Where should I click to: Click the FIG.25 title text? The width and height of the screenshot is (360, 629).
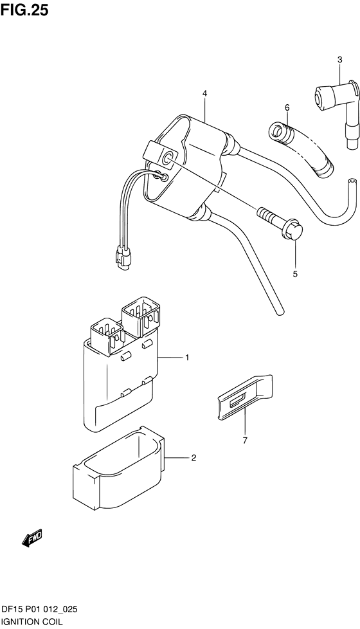[24, 10]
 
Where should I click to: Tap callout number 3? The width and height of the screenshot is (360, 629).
[339, 60]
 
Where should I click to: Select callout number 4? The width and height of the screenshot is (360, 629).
[204, 93]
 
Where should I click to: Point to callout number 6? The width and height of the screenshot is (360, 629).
[287, 107]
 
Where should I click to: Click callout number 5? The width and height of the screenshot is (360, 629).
[295, 275]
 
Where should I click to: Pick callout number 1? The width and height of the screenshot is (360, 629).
[187, 358]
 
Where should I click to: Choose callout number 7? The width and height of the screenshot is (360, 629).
[245, 441]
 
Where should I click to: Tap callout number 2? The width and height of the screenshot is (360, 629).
[194, 458]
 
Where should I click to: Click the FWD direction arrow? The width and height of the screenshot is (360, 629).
[32, 538]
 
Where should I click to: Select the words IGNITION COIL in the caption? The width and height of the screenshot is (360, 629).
[32, 622]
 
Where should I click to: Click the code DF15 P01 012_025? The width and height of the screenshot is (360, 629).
[39, 610]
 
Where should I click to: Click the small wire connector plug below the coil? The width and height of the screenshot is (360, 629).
[123, 257]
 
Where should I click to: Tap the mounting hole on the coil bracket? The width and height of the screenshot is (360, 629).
[167, 159]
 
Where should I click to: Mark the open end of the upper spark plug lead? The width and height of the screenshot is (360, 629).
[352, 182]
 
